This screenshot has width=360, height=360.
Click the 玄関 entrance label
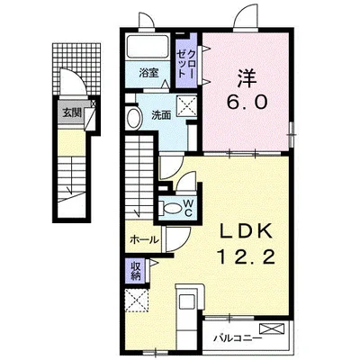[70, 114]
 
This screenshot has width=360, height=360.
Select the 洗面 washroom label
[161, 114]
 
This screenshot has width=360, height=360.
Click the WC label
[188, 208]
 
